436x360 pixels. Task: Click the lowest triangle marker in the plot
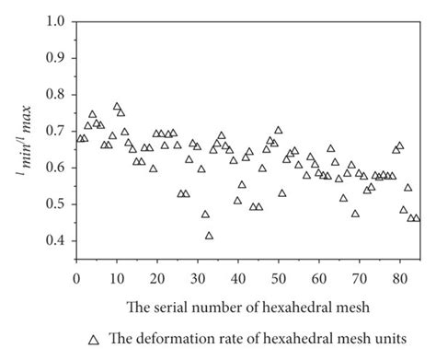pyautogui.click(x=210, y=236)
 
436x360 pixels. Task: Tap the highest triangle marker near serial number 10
pyautogui.click(x=117, y=107)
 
